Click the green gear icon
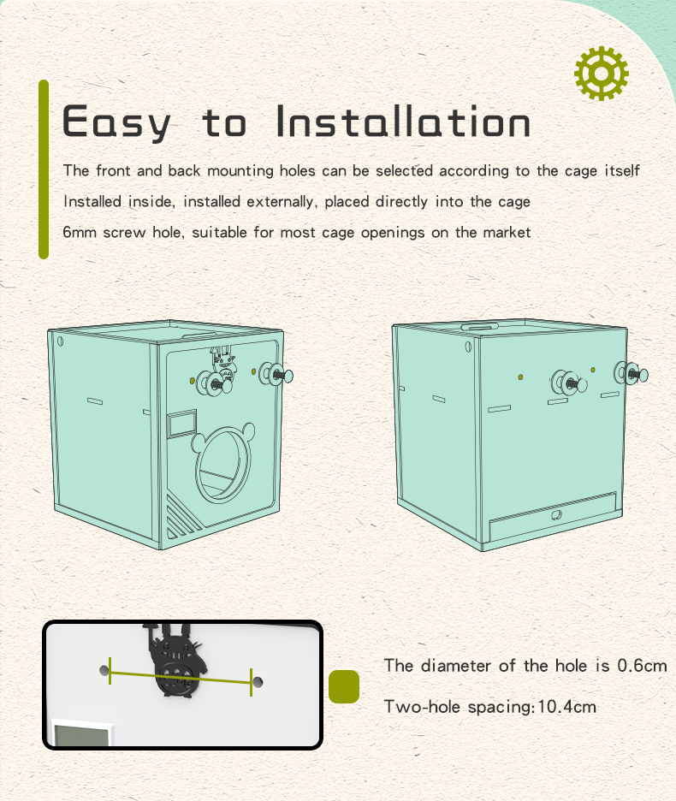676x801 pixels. coord(602,74)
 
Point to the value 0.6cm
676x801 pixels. coord(641,666)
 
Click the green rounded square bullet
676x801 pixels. coord(344,686)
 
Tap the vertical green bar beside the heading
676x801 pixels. coord(44,169)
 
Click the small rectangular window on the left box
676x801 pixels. coord(181,424)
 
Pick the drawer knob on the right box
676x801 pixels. coord(554,516)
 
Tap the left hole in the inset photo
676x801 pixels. coord(104,670)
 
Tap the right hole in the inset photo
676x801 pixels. coord(258,683)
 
